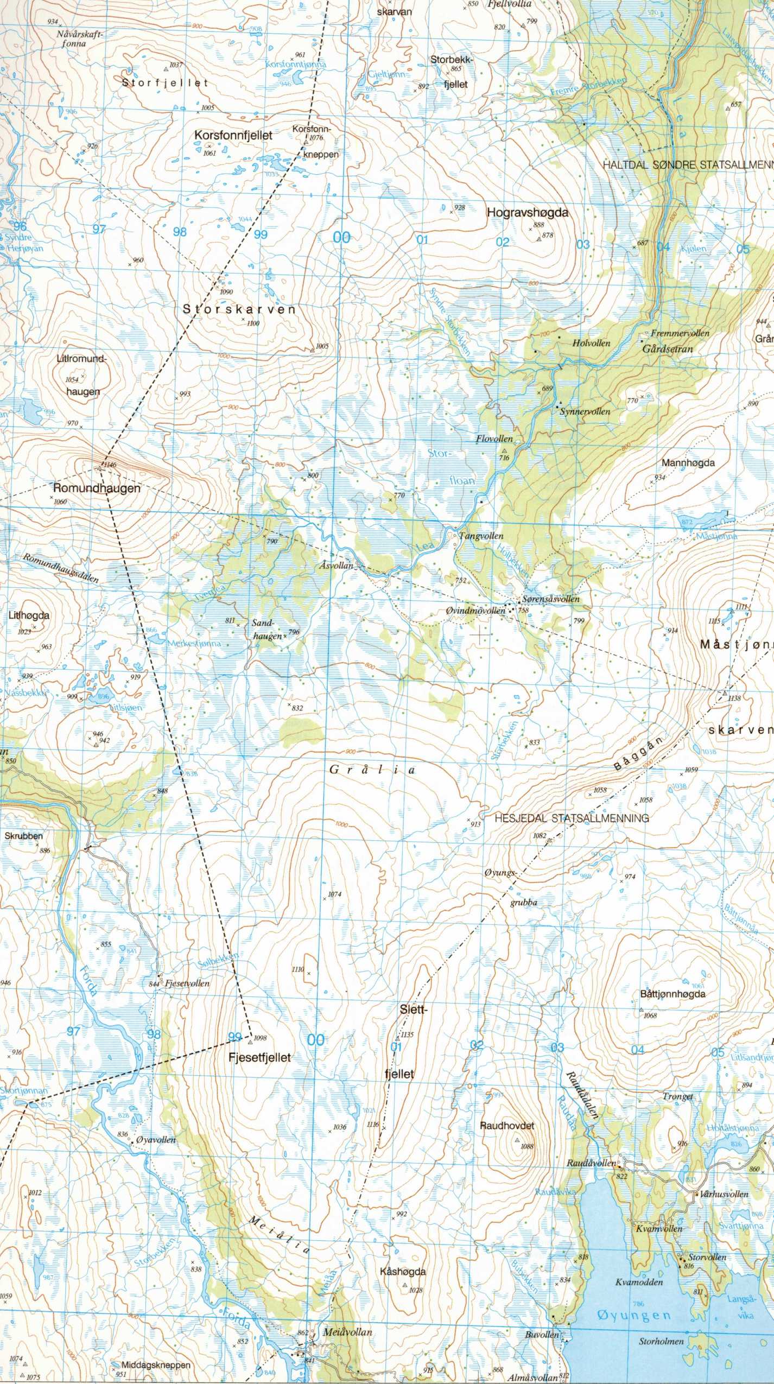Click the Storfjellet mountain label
point(165,83)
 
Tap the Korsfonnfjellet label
point(233,135)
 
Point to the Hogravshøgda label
point(527,213)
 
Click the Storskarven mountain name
point(239,309)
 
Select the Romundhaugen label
point(97,488)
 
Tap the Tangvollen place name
point(481,536)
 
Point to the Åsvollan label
point(336,566)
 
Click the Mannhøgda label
point(688,463)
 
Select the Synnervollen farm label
point(585,411)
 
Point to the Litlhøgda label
point(29,615)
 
